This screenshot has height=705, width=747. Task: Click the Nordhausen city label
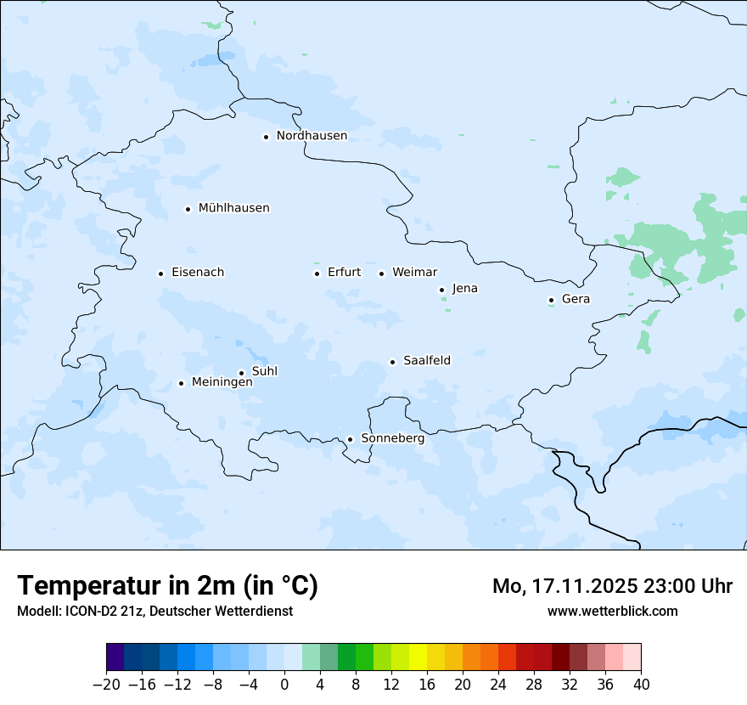[x=312, y=136]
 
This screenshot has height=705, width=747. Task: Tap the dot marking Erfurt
[x=317, y=274]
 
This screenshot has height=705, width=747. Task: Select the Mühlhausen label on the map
[x=233, y=208]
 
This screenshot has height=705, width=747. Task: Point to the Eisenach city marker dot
[x=160, y=274]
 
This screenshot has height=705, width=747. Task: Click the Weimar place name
[x=414, y=273]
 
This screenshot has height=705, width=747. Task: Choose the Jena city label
[x=464, y=289]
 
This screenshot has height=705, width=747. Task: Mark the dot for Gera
[x=551, y=300]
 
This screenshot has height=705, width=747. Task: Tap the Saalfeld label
[x=426, y=361]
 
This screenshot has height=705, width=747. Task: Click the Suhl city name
[x=264, y=371]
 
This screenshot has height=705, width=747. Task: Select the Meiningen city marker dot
[x=181, y=383]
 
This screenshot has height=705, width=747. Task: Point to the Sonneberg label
[x=392, y=438]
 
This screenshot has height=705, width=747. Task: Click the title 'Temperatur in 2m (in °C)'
[x=167, y=586]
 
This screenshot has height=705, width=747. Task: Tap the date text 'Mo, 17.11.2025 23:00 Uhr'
[x=612, y=586]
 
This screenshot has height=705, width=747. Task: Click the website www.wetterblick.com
[x=612, y=611]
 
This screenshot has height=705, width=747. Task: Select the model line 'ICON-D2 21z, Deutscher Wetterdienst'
[x=154, y=611]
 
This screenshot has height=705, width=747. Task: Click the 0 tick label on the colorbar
[x=284, y=685]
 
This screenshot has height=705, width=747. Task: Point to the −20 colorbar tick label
[x=106, y=685]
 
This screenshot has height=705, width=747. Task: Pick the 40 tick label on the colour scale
[x=641, y=685]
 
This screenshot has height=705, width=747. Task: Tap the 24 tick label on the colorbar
[x=498, y=685]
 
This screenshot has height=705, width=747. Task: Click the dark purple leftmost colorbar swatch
[x=115, y=657]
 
